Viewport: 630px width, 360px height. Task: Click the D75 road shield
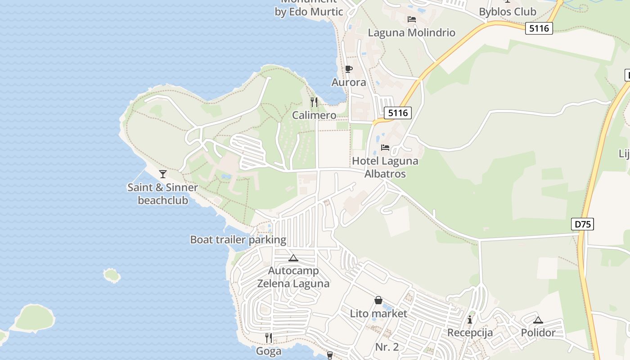582,224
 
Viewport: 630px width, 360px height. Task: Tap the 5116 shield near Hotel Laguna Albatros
398,112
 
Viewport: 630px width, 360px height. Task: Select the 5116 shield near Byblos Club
539,28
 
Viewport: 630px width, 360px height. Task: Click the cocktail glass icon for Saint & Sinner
163,174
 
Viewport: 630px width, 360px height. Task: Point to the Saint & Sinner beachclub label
163,193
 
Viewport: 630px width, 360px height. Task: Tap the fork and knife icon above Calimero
314,102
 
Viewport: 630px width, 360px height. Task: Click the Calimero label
314,115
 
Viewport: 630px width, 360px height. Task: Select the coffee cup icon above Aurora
348,69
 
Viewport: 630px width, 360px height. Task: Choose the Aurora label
349,82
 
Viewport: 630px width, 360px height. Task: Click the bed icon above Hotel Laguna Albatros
385,148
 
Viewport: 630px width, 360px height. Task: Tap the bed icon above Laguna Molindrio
411,19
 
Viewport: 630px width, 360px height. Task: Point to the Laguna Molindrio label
411,33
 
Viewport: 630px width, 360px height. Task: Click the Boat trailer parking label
238,239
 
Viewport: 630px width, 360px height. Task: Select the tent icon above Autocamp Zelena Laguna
293,258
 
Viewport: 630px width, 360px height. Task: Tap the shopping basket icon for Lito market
378,300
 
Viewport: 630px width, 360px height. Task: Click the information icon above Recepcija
470,319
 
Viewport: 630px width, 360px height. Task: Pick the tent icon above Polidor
538,320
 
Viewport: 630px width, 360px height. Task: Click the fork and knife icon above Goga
268,337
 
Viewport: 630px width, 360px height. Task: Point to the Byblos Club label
508,12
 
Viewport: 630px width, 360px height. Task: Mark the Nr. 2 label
387,347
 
